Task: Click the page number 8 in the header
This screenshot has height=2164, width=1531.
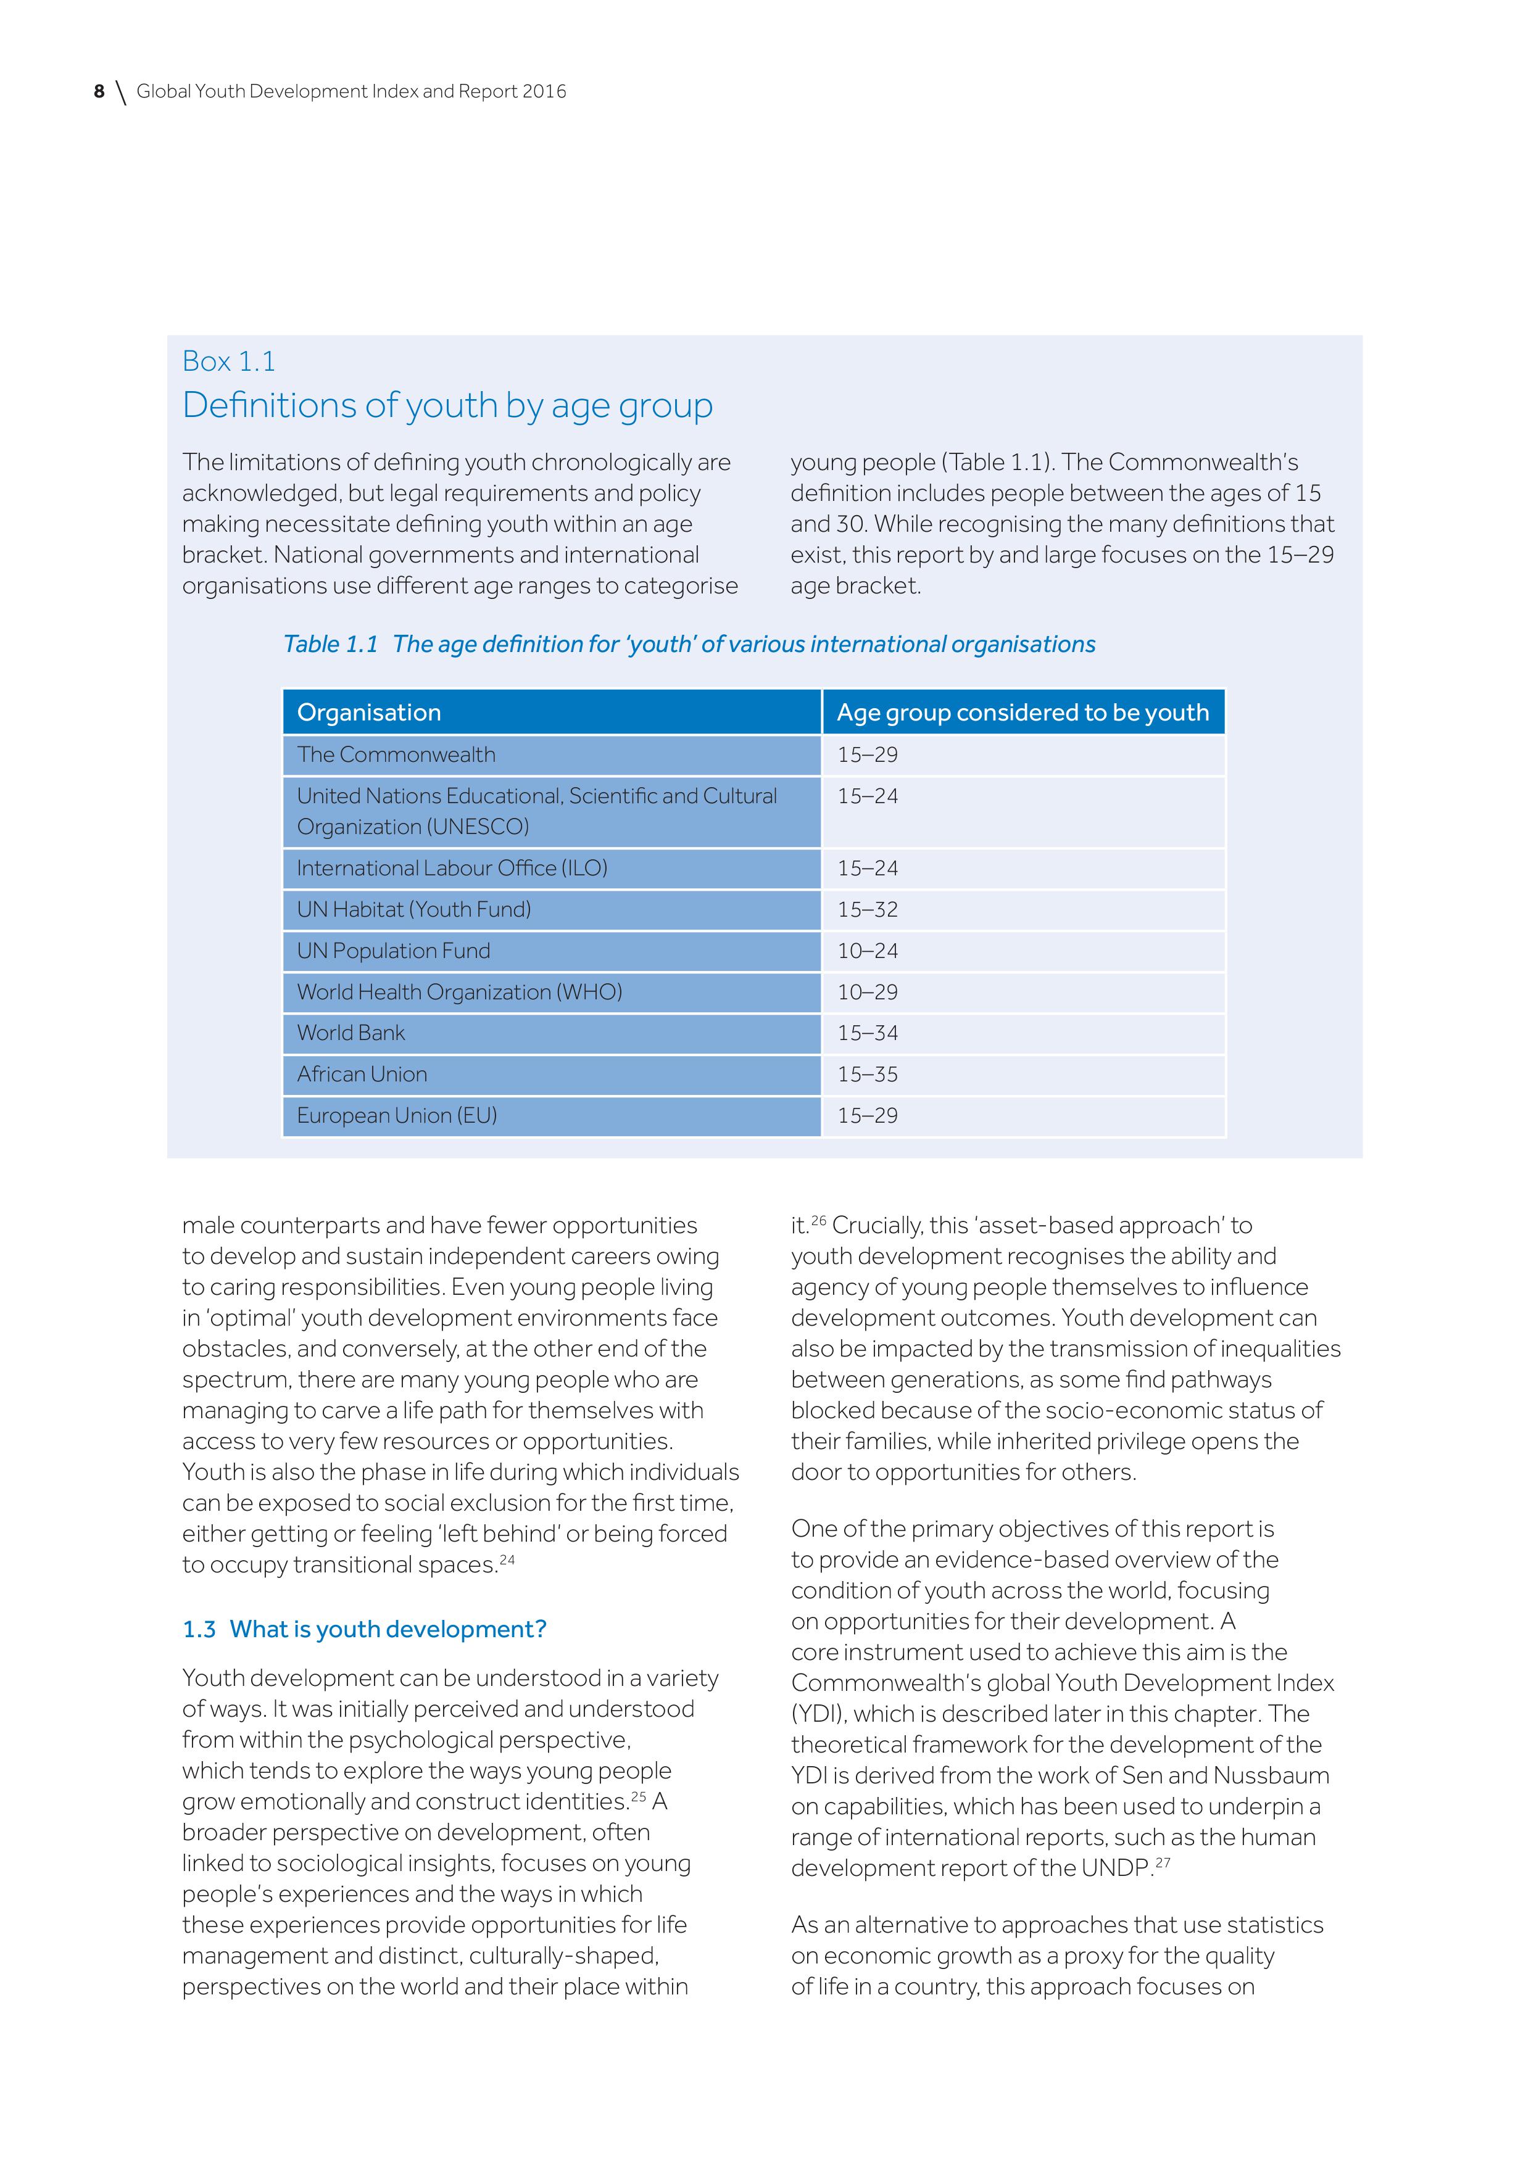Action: (x=99, y=91)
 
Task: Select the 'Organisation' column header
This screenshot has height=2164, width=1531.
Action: (x=368, y=712)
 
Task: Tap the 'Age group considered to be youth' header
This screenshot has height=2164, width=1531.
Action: (x=1022, y=712)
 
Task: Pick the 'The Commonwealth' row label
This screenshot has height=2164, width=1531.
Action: (x=396, y=755)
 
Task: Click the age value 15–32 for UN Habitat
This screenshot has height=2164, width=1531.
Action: (x=867, y=909)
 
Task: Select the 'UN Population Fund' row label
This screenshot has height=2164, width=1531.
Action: (x=393, y=951)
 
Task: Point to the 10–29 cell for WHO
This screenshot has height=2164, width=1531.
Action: (x=867, y=993)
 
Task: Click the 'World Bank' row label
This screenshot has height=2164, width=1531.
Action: (x=351, y=1033)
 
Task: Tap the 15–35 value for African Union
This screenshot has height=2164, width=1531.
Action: (x=867, y=1075)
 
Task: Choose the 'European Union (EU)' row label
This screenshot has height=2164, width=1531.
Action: (x=397, y=1116)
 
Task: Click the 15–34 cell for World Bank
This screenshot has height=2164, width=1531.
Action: (x=867, y=1033)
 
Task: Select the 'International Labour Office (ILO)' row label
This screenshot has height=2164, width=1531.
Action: (x=452, y=868)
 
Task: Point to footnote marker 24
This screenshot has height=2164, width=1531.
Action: (x=507, y=1560)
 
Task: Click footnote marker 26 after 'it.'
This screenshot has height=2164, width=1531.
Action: (x=818, y=1221)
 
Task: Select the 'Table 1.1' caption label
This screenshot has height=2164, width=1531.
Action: (x=330, y=645)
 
